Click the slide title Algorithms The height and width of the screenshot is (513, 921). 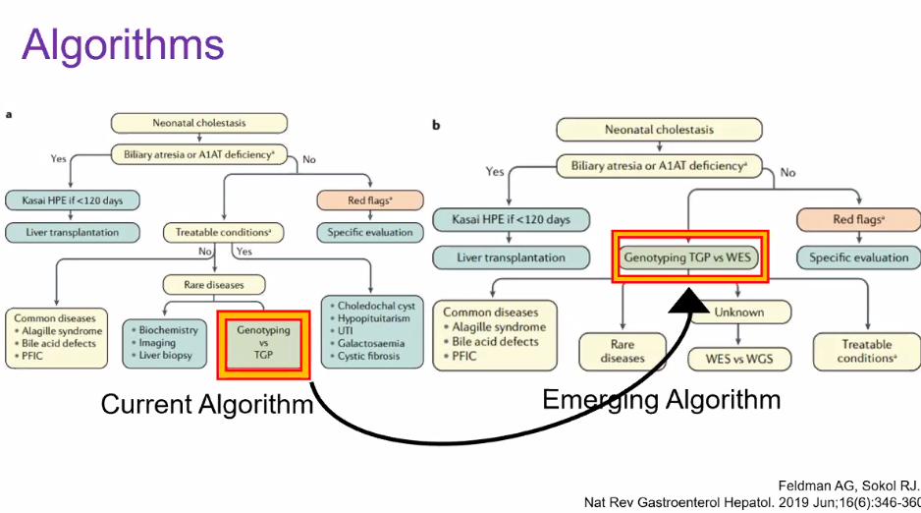[x=123, y=44]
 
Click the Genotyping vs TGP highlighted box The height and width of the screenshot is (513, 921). [x=263, y=343]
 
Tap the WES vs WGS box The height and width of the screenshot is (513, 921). [x=738, y=358]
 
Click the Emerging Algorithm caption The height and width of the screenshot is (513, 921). [x=661, y=399]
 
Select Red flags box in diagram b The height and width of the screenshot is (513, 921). [x=857, y=219]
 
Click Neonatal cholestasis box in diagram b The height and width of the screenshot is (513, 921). [x=659, y=130]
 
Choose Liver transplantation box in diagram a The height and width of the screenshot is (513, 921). [x=73, y=233]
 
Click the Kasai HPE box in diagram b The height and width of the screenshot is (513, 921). [x=513, y=218]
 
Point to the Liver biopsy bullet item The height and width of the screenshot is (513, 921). [x=169, y=354]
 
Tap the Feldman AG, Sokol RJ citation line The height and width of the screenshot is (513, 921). [x=847, y=485]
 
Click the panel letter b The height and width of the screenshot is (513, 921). [x=436, y=125]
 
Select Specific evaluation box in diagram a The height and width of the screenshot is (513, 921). [x=369, y=233]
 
